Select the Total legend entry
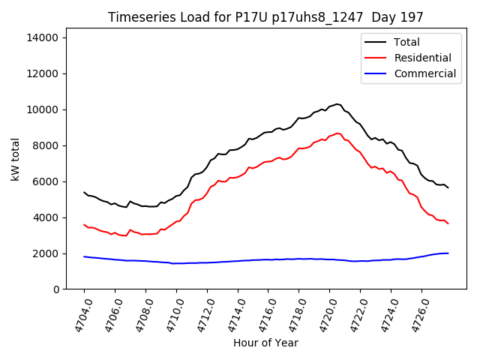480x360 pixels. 406,42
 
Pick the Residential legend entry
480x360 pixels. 422,58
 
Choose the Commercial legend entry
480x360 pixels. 424,73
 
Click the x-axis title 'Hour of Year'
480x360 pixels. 265,343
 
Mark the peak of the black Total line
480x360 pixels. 337,104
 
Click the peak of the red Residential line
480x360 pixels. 337,133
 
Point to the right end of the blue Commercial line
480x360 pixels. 448,253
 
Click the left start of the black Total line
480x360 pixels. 84,192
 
